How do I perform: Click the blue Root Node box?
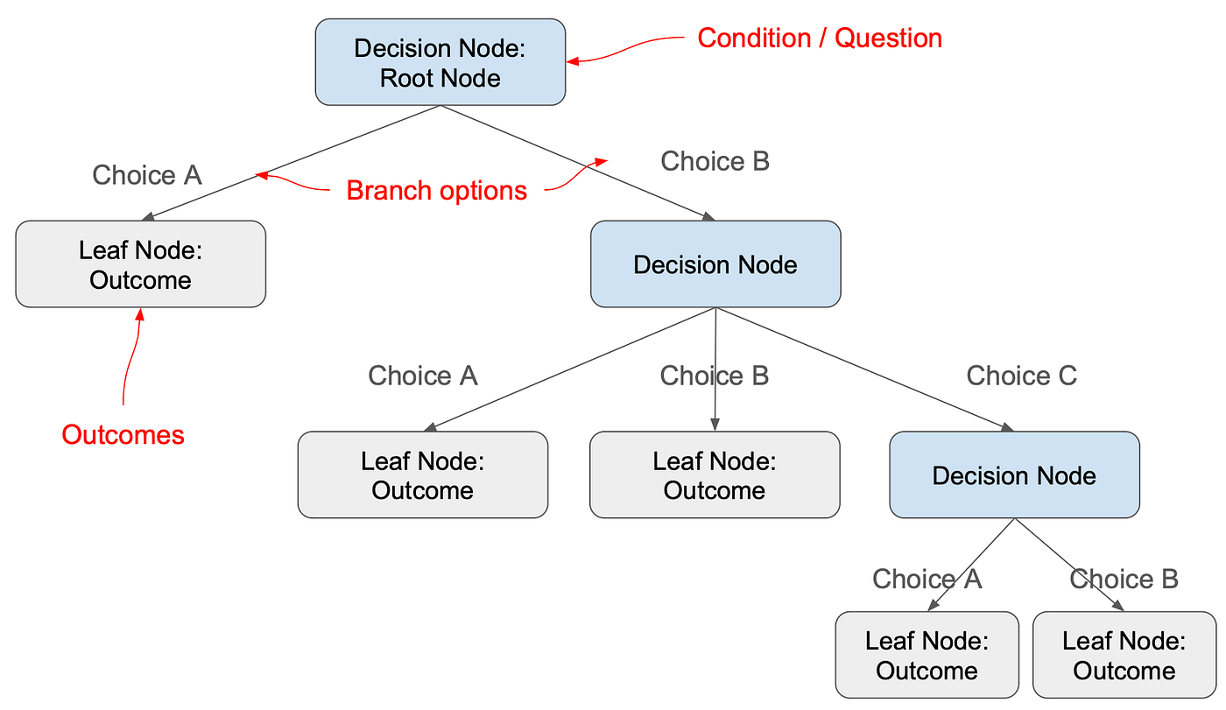pyautogui.click(x=440, y=62)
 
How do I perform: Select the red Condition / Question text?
pyautogui.click(x=819, y=39)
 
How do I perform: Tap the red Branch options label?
pyautogui.click(x=436, y=190)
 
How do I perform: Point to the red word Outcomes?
pyautogui.click(x=123, y=434)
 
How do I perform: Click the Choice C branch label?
pyautogui.click(x=1021, y=376)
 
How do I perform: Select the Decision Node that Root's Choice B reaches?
pyautogui.click(x=715, y=264)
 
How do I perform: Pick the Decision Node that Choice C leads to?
pyautogui.click(x=1014, y=475)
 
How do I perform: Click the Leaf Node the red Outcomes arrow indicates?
pyautogui.click(x=140, y=264)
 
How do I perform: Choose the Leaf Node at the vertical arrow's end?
pyautogui.click(x=715, y=475)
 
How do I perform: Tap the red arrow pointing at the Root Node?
pyautogui.click(x=626, y=53)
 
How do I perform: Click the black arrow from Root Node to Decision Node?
pyautogui.click(x=578, y=163)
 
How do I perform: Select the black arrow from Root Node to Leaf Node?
pyautogui.click(x=293, y=163)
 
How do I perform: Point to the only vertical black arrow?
pyautogui.click(x=715, y=368)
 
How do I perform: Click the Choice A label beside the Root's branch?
pyautogui.click(x=147, y=175)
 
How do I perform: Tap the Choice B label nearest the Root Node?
pyautogui.click(x=715, y=161)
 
